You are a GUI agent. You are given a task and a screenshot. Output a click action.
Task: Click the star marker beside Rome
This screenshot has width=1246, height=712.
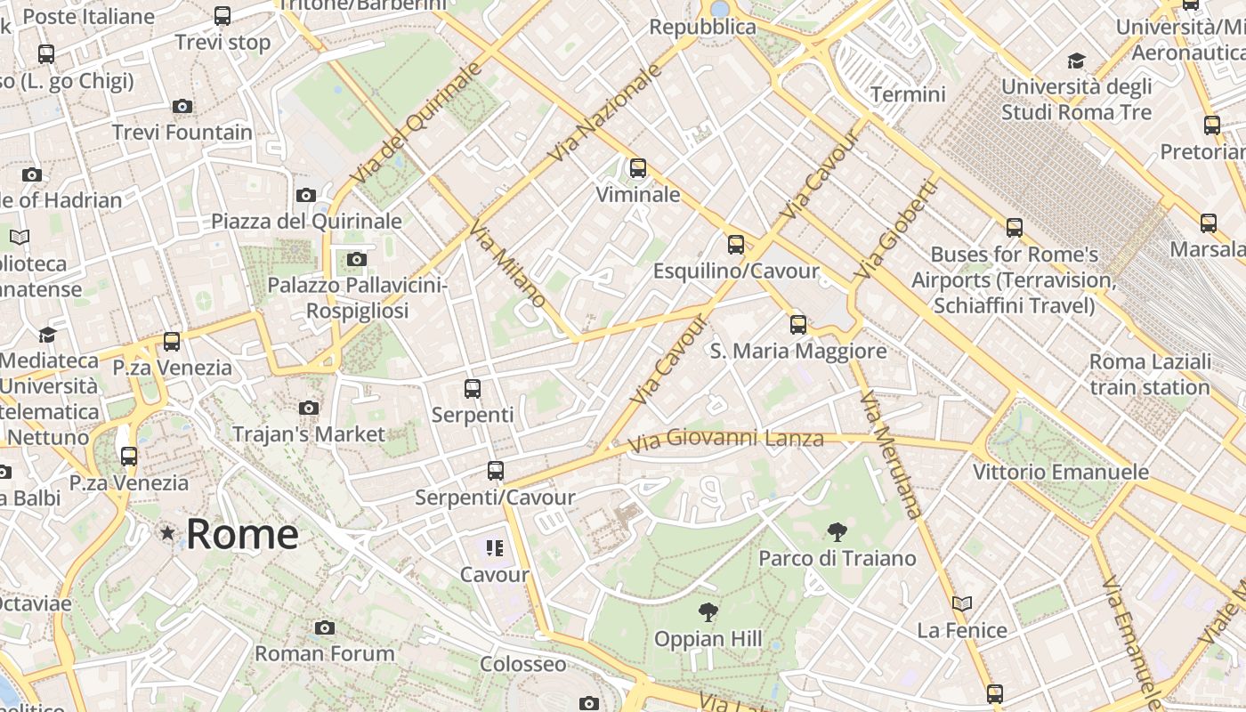pyautogui.click(x=166, y=533)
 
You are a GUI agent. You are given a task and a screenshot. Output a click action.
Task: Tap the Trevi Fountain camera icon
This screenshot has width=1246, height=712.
pyautogui.click(x=182, y=106)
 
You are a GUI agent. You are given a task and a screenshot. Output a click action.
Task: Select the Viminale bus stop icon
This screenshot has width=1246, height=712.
pyautogui.click(x=637, y=167)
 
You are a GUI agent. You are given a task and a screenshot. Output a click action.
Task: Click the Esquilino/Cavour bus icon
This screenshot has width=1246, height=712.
pyautogui.click(x=735, y=244)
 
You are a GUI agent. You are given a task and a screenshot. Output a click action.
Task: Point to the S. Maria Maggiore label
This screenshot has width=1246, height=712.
pyautogui.click(x=797, y=351)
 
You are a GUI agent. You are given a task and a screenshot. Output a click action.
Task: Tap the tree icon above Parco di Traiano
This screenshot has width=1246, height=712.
pyautogui.click(x=837, y=532)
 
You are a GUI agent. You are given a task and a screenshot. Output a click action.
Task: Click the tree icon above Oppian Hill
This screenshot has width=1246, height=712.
pyautogui.click(x=708, y=611)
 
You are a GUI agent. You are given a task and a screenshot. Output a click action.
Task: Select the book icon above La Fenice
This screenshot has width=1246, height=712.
pyautogui.click(x=961, y=603)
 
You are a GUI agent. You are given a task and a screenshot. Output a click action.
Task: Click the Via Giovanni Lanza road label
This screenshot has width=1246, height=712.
pyautogui.click(x=725, y=439)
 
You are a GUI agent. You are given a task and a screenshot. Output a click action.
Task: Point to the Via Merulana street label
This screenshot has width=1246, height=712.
pyautogui.click(x=891, y=454)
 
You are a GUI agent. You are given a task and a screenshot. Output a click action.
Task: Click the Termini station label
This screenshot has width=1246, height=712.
pyautogui.click(x=908, y=94)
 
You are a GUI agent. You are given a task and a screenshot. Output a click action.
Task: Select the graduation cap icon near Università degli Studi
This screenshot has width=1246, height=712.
pyautogui.click(x=1076, y=61)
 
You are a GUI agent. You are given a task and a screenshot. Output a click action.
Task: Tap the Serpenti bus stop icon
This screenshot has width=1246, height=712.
pyautogui.click(x=473, y=388)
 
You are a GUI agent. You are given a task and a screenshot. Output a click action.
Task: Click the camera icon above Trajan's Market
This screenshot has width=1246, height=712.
pyautogui.click(x=309, y=408)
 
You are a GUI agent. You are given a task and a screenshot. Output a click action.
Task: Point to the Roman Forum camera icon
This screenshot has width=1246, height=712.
pyautogui.click(x=325, y=627)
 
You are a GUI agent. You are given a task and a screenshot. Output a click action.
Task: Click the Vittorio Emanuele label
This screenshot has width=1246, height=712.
pyautogui.click(x=1060, y=472)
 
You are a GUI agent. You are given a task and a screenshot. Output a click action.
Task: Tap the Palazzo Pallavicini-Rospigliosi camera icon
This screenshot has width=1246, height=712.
pyautogui.click(x=356, y=259)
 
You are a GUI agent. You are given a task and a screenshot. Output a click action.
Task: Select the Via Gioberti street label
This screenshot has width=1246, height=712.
pyautogui.click(x=895, y=229)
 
